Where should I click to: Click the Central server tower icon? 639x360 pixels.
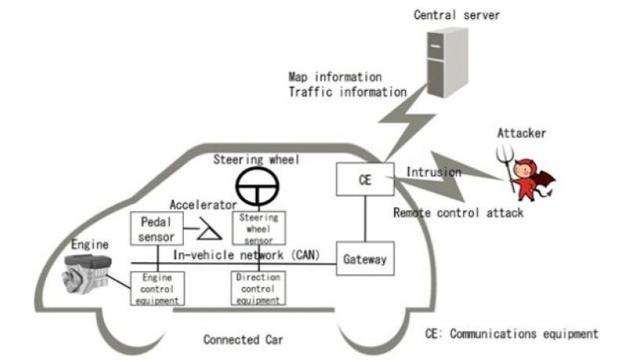[x=443, y=62]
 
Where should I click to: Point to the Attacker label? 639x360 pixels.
[x=522, y=134]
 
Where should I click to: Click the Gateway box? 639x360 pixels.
[x=364, y=259]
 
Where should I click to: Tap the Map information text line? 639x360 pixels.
[x=335, y=77]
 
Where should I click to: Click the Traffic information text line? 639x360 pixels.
[x=347, y=92]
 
